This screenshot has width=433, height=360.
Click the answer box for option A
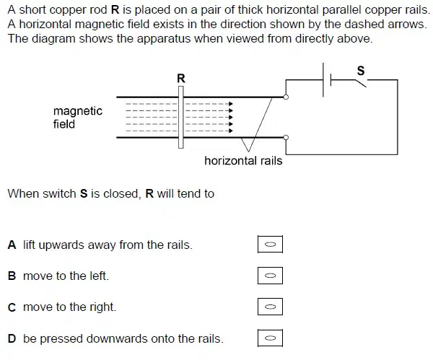click(x=270, y=244)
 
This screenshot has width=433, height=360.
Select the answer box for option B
click(x=270, y=276)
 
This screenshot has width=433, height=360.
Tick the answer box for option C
click(x=270, y=307)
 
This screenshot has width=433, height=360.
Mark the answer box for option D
click(x=270, y=338)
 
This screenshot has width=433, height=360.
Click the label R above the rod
click(x=181, y=79)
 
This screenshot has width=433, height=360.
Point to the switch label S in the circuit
click(x=361, y=71)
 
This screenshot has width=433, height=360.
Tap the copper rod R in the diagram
click(x=181, y=117)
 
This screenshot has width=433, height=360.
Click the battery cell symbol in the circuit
click(x=327, y=80)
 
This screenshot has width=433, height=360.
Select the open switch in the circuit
click(x=361, y=83)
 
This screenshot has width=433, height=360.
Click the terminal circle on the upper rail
click(x=286, y=97)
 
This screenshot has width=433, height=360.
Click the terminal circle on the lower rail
click(x=286, y=138)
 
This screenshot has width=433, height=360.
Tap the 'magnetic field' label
click(x=78, y=118)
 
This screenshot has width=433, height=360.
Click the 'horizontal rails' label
click(x=243, y=161)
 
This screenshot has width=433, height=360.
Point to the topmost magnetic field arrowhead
click(x=231, y=104)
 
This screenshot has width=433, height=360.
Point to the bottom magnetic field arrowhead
click(x=231, y=131)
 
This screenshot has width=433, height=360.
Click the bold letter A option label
click(x=12, y=245)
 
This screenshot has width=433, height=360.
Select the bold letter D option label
click(x=12, y=338)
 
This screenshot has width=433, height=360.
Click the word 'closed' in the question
click(x=122, y=194)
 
